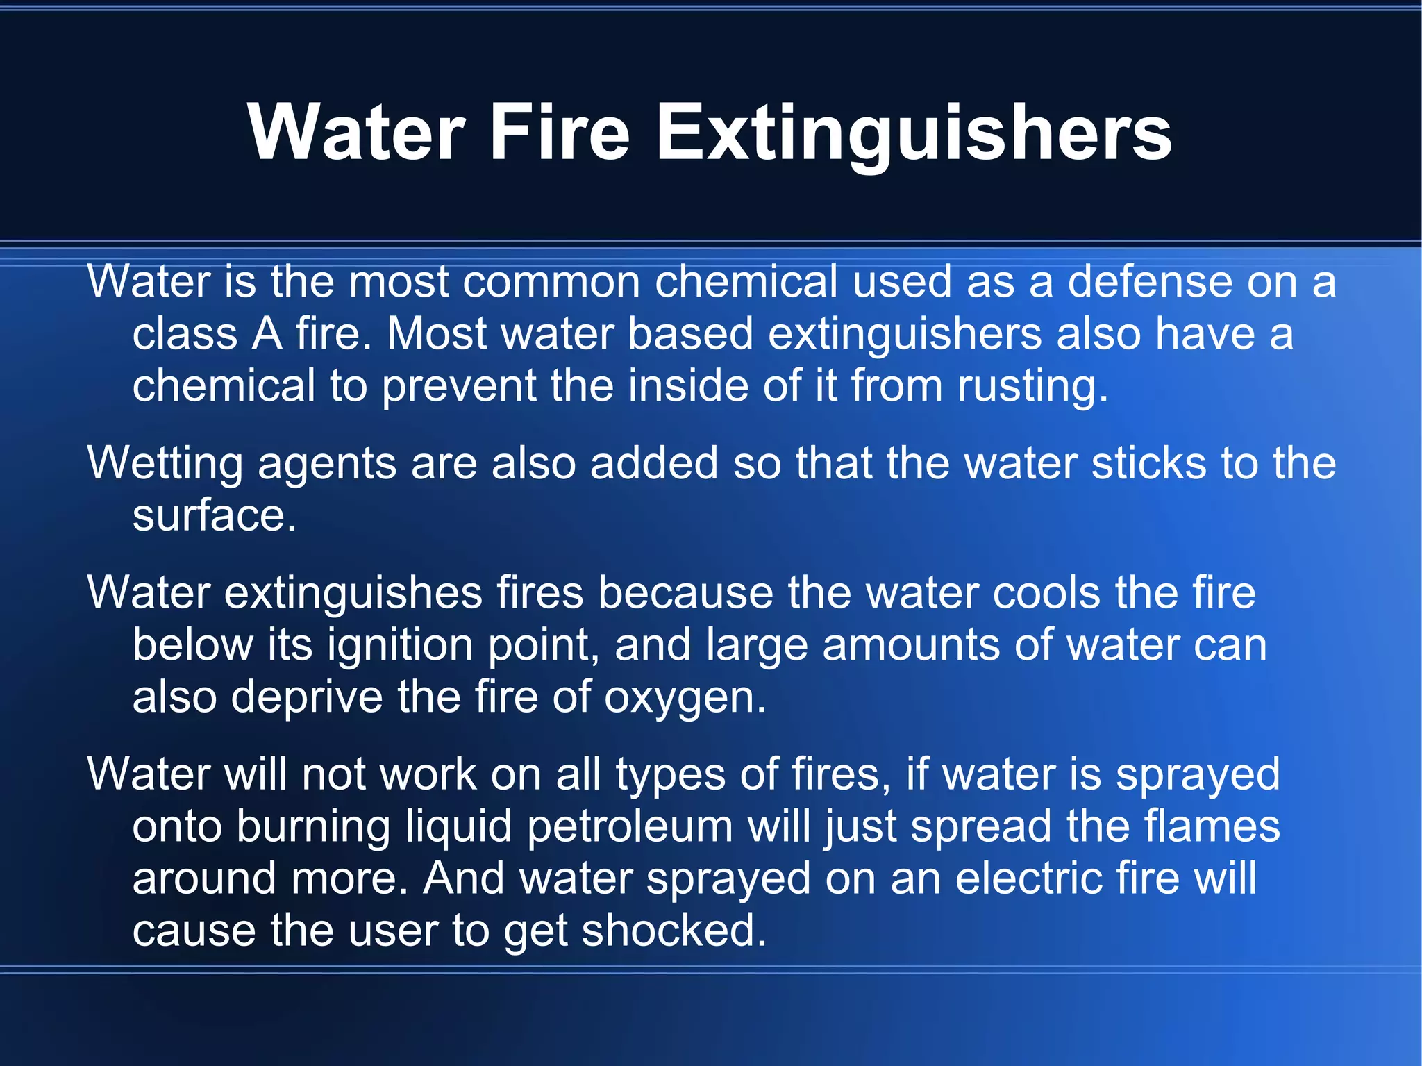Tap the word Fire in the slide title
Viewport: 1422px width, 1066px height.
click(560, 132)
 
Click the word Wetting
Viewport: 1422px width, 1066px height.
click(165, 464)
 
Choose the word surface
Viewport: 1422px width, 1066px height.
click(214, 515)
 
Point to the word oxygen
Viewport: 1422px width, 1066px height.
click(685, 699)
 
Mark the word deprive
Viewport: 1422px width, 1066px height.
click(306, 697)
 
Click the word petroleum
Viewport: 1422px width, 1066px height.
click(630, 827)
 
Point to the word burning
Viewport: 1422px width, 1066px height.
click(313, 827)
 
